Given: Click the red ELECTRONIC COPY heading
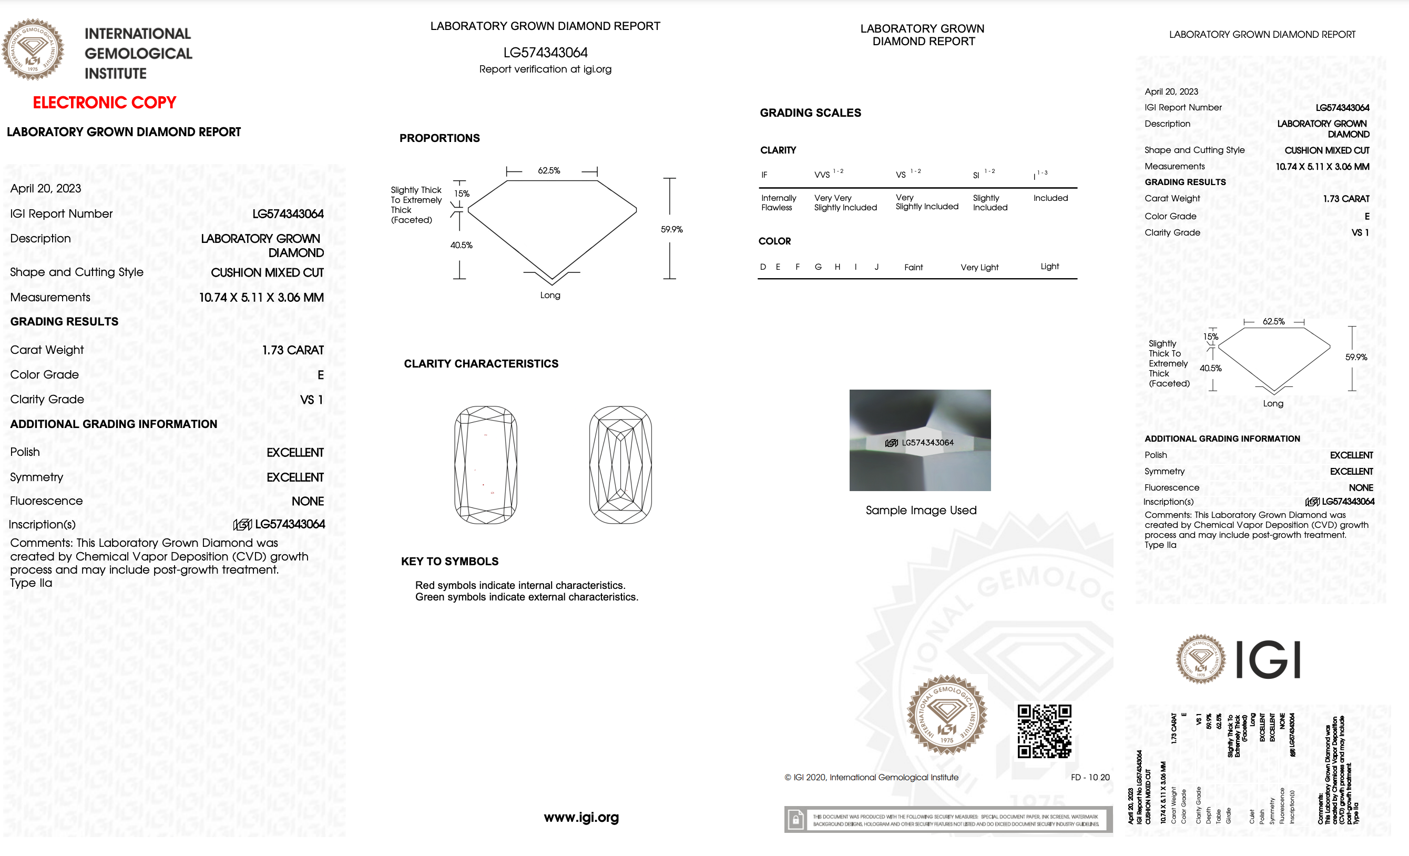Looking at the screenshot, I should tap(104, 103).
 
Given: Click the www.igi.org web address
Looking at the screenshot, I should tap(581, 817).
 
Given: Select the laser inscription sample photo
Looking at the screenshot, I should tap(920, 440).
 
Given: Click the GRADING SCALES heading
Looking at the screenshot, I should tap(810, 113).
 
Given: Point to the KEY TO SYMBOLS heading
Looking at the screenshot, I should tap(450, 561).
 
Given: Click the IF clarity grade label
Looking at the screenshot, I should tap(764, 175).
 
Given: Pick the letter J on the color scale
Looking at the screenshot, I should tap(876, 267).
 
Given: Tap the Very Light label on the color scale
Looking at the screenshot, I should tap(979, 267).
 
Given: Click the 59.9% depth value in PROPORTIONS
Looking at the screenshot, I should tap(671, 229).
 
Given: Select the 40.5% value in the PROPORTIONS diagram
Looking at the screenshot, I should tap(461, 246).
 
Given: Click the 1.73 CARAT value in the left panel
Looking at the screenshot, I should tap(293, 350).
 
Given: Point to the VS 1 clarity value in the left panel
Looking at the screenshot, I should tap(312, 400).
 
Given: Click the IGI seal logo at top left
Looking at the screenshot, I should tap(33, 50).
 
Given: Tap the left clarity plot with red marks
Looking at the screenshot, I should tap(485, 464).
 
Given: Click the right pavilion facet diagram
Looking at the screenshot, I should tap(620, 464).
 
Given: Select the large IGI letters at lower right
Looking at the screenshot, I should tap(1268, 660).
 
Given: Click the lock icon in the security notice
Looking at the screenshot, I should tap(795, 820).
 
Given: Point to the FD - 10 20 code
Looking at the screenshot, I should tap(1090, 777).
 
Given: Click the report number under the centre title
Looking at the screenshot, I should tap(545, 53).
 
